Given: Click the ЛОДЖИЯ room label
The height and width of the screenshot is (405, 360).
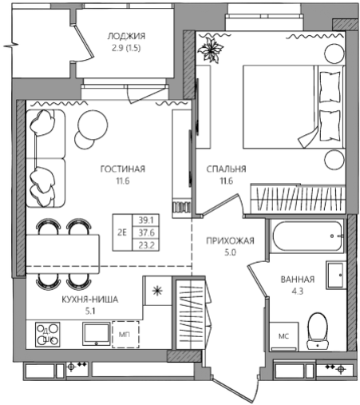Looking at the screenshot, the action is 126,36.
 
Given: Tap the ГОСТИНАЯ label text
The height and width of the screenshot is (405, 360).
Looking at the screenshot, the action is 123,169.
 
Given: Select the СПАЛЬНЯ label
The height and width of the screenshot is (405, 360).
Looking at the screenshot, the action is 226,169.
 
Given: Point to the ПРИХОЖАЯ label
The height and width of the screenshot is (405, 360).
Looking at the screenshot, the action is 230,240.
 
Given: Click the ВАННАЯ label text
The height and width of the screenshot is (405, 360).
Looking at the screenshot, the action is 298,280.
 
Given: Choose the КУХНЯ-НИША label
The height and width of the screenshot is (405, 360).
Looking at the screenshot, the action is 90,300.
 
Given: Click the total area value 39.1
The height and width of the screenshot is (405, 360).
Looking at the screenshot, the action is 146,220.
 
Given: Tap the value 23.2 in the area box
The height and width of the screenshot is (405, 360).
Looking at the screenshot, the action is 146,245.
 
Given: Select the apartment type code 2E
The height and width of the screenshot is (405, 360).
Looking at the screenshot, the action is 122,232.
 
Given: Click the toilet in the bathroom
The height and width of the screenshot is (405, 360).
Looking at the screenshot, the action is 317,331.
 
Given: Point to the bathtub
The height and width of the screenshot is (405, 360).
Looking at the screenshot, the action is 307,236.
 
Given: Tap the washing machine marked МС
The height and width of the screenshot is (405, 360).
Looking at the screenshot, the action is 283,336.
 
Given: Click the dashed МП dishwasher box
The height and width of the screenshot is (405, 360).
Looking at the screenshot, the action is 125,335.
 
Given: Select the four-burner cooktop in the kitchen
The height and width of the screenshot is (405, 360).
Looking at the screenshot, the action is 48,335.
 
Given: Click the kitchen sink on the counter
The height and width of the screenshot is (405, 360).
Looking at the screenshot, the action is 97,334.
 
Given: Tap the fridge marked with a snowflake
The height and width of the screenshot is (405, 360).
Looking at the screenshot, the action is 157,291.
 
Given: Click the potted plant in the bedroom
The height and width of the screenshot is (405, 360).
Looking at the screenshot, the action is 212,50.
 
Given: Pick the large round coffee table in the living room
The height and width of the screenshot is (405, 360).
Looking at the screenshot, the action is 93,125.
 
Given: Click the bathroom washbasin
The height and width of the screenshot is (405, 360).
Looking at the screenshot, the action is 335,275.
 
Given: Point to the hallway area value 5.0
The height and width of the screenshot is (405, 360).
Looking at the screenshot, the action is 230,252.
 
